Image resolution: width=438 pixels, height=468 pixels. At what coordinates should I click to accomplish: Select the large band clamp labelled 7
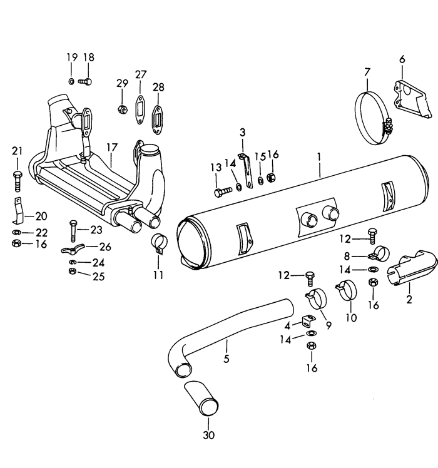[370, 115]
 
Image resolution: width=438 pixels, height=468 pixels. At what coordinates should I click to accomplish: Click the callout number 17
[112, 147]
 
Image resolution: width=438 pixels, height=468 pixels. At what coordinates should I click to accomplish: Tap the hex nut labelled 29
[121, 109]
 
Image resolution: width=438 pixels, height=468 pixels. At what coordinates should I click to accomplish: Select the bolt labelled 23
[73, 231]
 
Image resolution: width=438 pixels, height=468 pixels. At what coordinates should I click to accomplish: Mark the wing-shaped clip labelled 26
[74, 250]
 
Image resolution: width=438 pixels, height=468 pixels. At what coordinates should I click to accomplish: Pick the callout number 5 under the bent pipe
[226, 359]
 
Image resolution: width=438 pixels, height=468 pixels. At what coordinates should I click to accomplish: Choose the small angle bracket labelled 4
[306, 322]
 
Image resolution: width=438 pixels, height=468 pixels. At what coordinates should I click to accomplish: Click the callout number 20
[41, 216]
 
